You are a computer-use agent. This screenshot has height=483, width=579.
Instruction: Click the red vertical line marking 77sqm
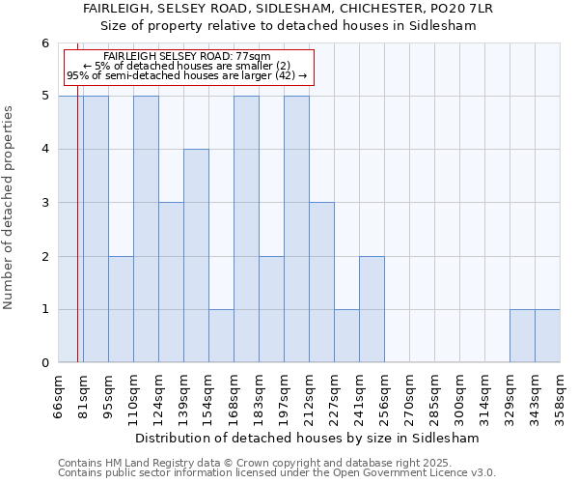point(77,241)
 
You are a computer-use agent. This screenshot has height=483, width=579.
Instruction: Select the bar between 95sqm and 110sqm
point(121,309)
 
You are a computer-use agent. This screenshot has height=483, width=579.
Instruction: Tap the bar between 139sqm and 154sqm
point(196,256)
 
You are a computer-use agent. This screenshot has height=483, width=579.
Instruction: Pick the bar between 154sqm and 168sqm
point(221,336)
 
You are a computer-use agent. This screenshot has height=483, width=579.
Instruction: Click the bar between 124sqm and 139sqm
point(171,282)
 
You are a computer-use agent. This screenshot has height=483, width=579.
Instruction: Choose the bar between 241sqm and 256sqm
point(372,309)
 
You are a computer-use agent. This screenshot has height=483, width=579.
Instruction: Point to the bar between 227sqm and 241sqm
point(346,336)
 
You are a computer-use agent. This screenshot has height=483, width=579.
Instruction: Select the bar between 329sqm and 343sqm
point(522,336)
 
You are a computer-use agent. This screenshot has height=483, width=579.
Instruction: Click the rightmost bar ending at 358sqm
point(547,336)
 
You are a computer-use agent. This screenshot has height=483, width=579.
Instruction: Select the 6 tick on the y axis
point(43,43)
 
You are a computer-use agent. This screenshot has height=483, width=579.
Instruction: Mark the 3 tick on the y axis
point(43,203)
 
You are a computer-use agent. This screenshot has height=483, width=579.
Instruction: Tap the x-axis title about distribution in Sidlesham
point(307,438)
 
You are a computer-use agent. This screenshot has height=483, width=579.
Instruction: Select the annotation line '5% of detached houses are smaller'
point(187,66)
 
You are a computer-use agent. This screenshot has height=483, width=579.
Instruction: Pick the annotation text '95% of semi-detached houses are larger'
point(187,75)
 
